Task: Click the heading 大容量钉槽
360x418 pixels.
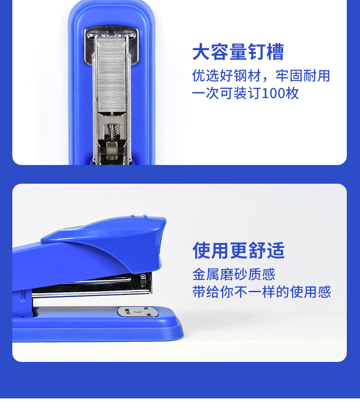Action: click(x=238, y=52)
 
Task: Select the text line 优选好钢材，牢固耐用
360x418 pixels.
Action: click(x=261, y=76)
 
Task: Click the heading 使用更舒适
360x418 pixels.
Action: click(x=238, y=250)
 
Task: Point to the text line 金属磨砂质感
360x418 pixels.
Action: click(x=234, y=274)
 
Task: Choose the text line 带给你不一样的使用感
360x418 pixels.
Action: click(x=261, y=292)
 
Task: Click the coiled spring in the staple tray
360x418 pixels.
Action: click(x=111, y=132)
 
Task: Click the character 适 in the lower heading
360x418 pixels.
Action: click(x=276, y=250)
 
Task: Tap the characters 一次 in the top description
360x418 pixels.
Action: click(x=203, y=93)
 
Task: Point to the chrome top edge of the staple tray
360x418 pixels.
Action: click(x=111, y=33)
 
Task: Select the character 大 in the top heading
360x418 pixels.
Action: click(x=201, y=52)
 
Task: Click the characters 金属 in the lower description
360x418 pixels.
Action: click(x=204, y=274)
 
